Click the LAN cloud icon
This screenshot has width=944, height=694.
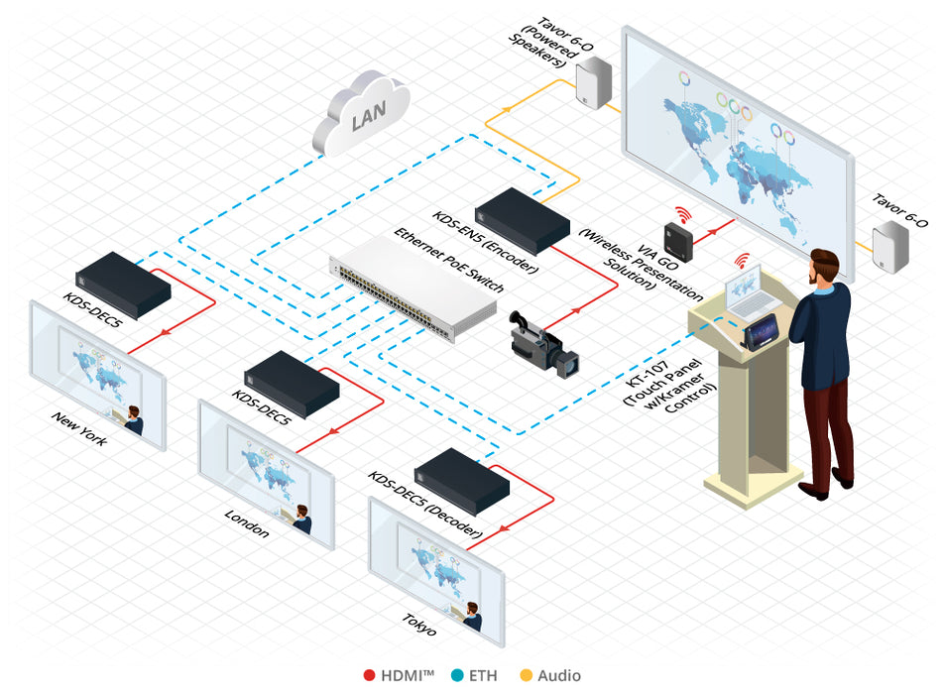click(361, 115)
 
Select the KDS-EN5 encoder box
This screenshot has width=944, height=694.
click(522, 221)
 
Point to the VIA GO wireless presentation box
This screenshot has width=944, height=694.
click(681, 238)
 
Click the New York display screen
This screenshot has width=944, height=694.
click(96, 374)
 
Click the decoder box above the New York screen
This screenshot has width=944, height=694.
click(123, 283)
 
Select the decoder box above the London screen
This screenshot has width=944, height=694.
click(292, 383)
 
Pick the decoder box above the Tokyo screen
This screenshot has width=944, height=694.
click(461, 480)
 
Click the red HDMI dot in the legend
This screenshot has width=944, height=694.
click(369, 676)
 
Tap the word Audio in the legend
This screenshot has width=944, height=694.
click(559, 676)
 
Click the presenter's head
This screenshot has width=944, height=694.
click(826, 266)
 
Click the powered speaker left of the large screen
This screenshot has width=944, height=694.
click(593, 78)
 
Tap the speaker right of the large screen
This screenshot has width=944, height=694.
click(889, 249)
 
